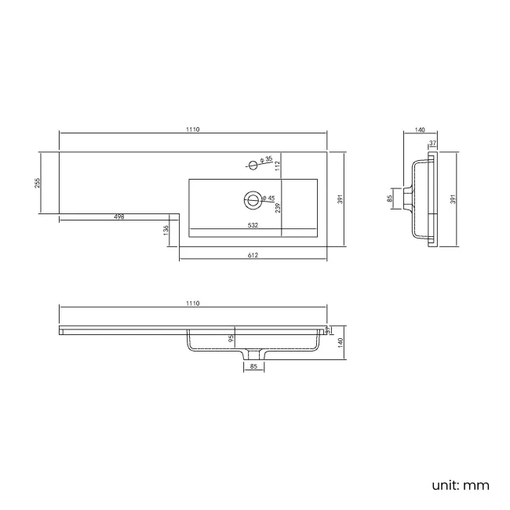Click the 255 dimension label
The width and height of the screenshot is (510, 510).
click(x=38, y=183)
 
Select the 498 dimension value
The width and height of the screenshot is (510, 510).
click(x=119, y=217)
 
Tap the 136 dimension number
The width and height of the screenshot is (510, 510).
click(x=166, y=230)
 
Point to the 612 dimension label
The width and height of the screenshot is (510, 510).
click(x=253, y=255)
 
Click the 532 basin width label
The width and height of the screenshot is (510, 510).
click(x=253, y=225)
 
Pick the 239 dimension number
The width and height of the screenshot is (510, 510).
click(x=278, y=208)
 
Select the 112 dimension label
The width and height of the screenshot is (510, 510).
click(x=278, y=166)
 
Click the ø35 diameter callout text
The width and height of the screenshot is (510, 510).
click(x=267, y=159)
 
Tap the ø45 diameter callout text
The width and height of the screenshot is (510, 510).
click(x=268, y=198)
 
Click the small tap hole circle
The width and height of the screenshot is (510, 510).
click(x=253, y=166)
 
